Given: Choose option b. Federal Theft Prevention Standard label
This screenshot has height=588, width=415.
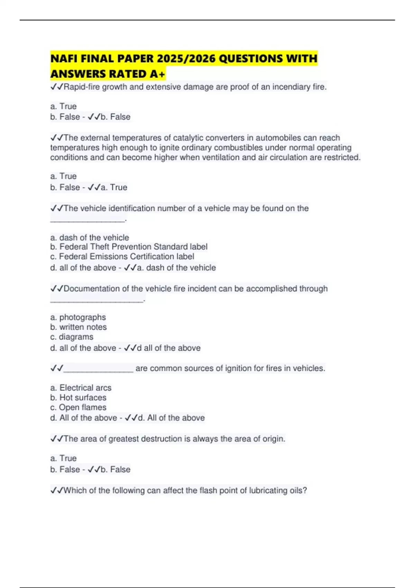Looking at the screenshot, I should click(x=129, y=247).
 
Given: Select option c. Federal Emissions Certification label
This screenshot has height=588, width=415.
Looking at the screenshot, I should click(x=122, y=257).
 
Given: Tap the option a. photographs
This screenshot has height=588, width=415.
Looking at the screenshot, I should click(x=78, y=318).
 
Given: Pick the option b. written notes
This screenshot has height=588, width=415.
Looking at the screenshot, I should click(x=79, y=327).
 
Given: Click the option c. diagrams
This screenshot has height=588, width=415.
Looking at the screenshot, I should click(x=72, y=337).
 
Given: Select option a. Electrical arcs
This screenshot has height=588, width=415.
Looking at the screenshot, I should click(x=81, y=388).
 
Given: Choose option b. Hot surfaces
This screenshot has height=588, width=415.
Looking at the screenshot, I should click(x=79, y=398).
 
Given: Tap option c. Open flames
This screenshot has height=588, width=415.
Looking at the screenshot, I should click(x=79, y=407).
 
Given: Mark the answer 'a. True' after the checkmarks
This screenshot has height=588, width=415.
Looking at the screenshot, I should click(x=114, y=187).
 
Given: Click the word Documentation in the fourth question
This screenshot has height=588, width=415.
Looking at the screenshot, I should click(x=92, y=289).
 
